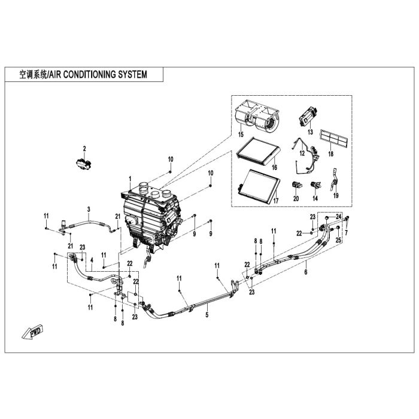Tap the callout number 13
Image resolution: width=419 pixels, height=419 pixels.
310,132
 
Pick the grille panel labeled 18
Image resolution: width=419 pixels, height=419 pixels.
334,138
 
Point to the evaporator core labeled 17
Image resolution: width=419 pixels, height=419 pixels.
259,185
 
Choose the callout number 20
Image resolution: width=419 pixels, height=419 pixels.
296,199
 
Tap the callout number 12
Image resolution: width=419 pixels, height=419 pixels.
302,153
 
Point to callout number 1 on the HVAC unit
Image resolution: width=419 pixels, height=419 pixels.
130,178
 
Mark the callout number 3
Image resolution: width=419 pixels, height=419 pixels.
89,209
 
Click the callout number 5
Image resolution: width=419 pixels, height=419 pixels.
207,314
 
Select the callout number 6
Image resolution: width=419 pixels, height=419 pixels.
306,272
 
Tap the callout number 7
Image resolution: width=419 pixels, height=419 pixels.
347,233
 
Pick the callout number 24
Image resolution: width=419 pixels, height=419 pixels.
339,217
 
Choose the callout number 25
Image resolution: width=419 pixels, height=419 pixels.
338,241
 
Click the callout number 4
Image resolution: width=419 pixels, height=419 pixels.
92,260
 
